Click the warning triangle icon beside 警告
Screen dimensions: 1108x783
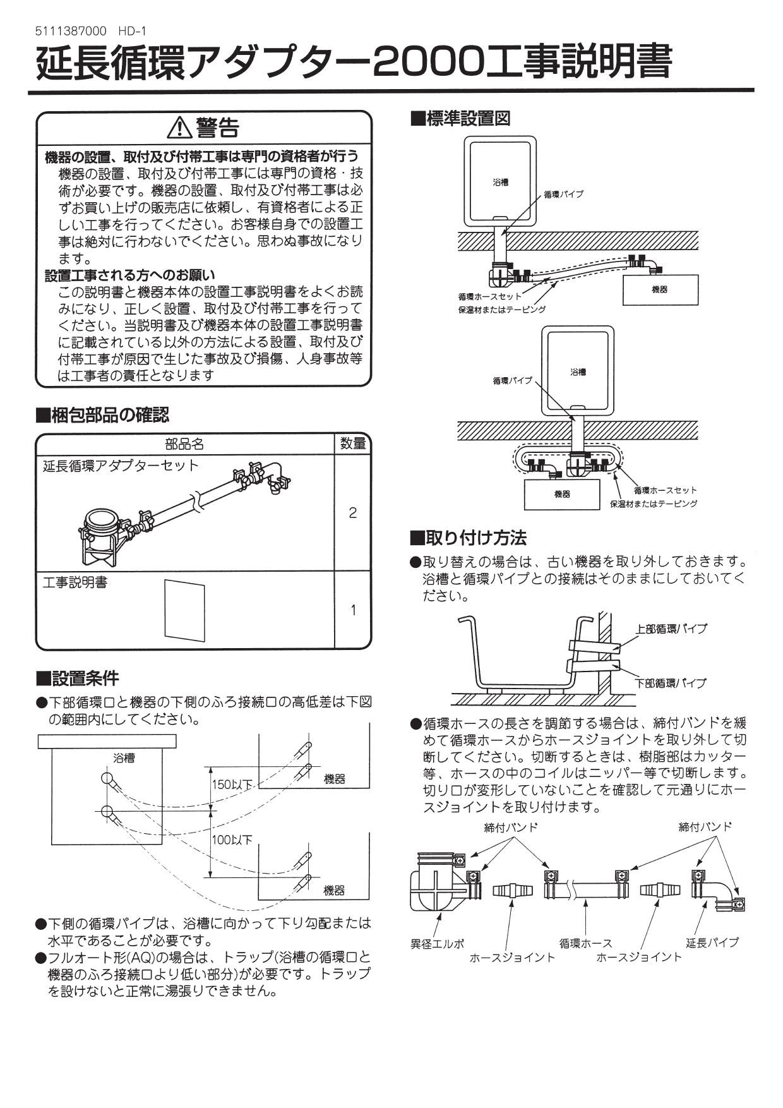[x=180, y=128]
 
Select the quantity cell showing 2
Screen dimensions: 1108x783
[x=352, y=512]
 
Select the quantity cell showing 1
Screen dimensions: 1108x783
[x=352, y=610]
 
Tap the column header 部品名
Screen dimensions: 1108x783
[x=184, y=444]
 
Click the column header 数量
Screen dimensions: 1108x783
[x=352, y=443]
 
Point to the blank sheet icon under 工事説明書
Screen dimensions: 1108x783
[x=185, y=610]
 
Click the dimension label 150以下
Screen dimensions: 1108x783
[x=232, y=785]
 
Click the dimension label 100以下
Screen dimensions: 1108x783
[x=232, y=840]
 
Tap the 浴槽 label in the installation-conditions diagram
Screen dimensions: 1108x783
[x=124, y=757]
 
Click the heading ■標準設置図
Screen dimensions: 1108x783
[x=460, y=119]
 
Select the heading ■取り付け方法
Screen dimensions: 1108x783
[x=468, y=538]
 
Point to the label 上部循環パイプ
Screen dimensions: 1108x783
[x=671, y=629]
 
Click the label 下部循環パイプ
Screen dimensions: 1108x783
[x=671, y=683]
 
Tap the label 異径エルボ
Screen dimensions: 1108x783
[x=437, y=943]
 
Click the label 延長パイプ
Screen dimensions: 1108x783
[x=712, y=942]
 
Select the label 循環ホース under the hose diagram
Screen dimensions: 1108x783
[x=585, y=943]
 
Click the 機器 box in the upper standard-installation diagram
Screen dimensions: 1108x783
[x=660, y=290]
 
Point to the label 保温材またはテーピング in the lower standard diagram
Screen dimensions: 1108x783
[x=653, y=504]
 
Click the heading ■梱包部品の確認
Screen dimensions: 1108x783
[x=103, y=415]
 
